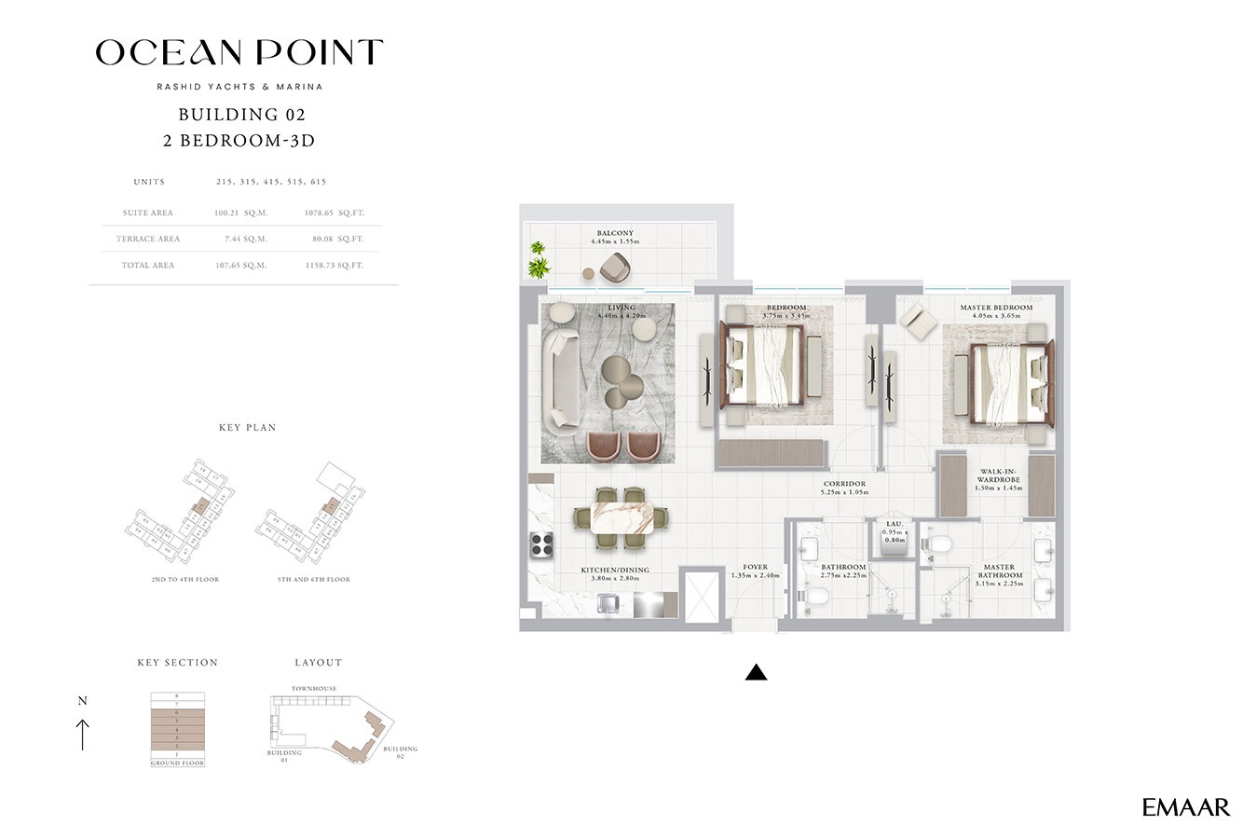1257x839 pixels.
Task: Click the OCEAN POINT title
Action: [239, 53]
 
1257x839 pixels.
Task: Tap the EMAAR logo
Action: [1185, 807]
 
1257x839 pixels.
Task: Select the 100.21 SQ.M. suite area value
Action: [240, 213]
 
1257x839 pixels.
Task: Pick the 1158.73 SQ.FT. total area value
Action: [334, 266]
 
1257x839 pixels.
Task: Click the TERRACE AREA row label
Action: [148, 239]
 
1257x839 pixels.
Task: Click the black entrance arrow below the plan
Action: [756, 672]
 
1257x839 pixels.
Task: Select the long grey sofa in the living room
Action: [563, 367]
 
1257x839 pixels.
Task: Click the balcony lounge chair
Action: [615, 267]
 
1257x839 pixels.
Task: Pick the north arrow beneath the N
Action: [82, 734]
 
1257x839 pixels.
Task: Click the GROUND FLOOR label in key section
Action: [177, 763]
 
